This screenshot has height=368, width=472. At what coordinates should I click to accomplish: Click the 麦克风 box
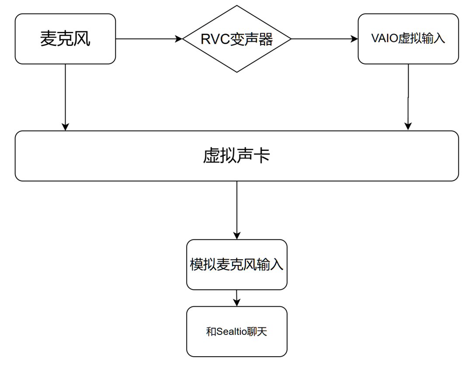click(x=65, y=39)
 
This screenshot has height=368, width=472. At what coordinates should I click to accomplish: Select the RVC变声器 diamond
click(x=236, y=39)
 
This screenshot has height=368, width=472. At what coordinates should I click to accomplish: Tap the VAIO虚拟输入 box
click(x=408, y=39)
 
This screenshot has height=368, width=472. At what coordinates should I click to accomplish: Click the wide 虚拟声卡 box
click(x=236, y=156)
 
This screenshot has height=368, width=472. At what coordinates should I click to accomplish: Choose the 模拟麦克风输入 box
click(x=236, y=264)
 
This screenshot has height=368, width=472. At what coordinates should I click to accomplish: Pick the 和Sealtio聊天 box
click(x=236, y=331)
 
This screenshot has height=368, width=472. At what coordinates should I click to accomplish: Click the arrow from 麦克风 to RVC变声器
click(x=149, y=39)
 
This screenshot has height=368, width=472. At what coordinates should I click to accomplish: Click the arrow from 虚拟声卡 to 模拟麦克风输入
click(x=236, y=210)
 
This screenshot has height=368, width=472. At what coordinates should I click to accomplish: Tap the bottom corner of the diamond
click(x=236, y=72)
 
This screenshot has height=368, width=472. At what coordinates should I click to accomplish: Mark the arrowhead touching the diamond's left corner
click(x=179, y=39)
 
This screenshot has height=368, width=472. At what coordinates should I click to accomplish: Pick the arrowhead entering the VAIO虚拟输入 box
click(x=354, y=39)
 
